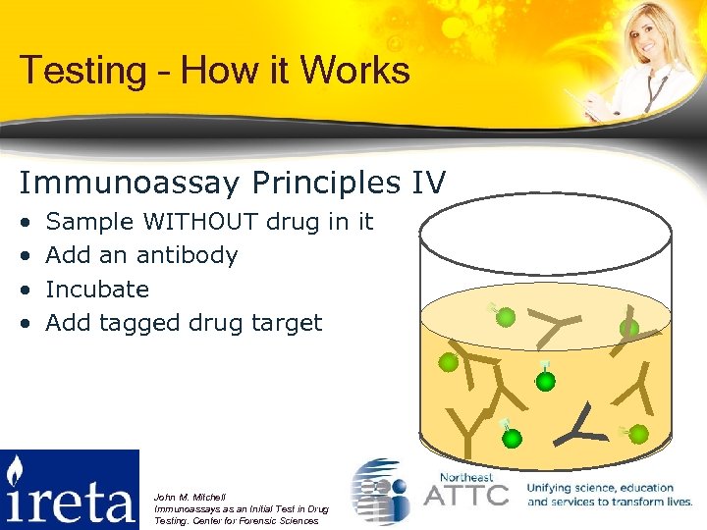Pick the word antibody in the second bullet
tap(187, 255)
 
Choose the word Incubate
tap(97, 290)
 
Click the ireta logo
tap(70, 489)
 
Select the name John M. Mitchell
tap(190, 497)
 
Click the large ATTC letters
tap(465, 494)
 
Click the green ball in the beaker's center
tap(545, 380)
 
